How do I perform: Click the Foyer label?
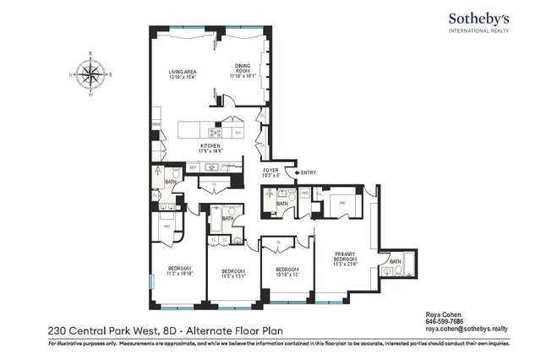[x=270, y=172]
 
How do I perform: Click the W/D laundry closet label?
[x=304, y=194]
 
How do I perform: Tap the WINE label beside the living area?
[x=156, y=125]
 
